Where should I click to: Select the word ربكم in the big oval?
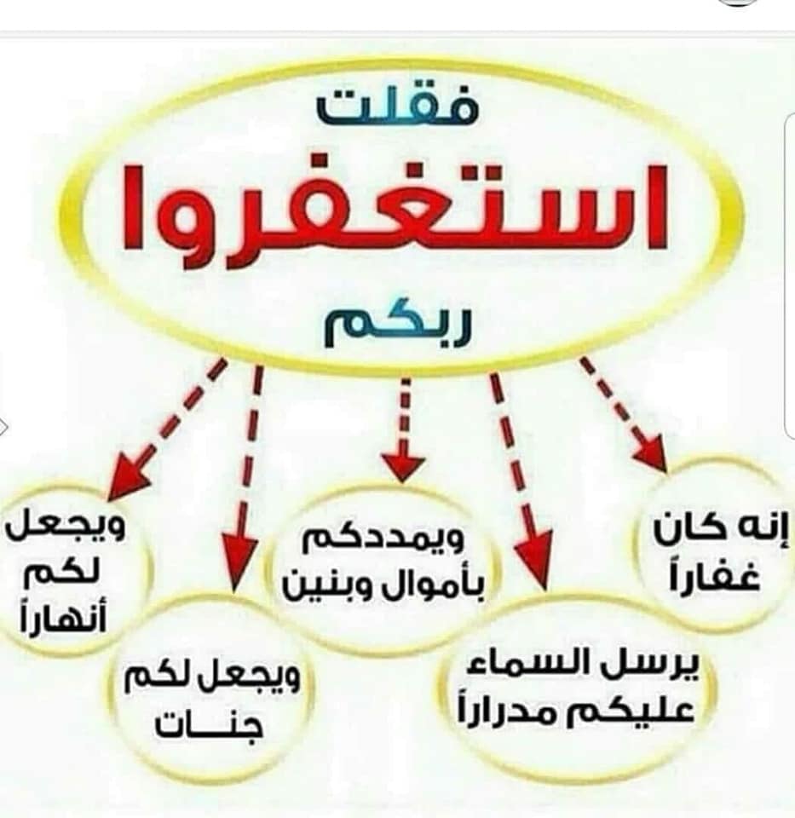[x=397, y=326]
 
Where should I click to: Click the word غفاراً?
[x=716, y=575]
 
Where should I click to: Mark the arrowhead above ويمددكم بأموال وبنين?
[x=403, y=467]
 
